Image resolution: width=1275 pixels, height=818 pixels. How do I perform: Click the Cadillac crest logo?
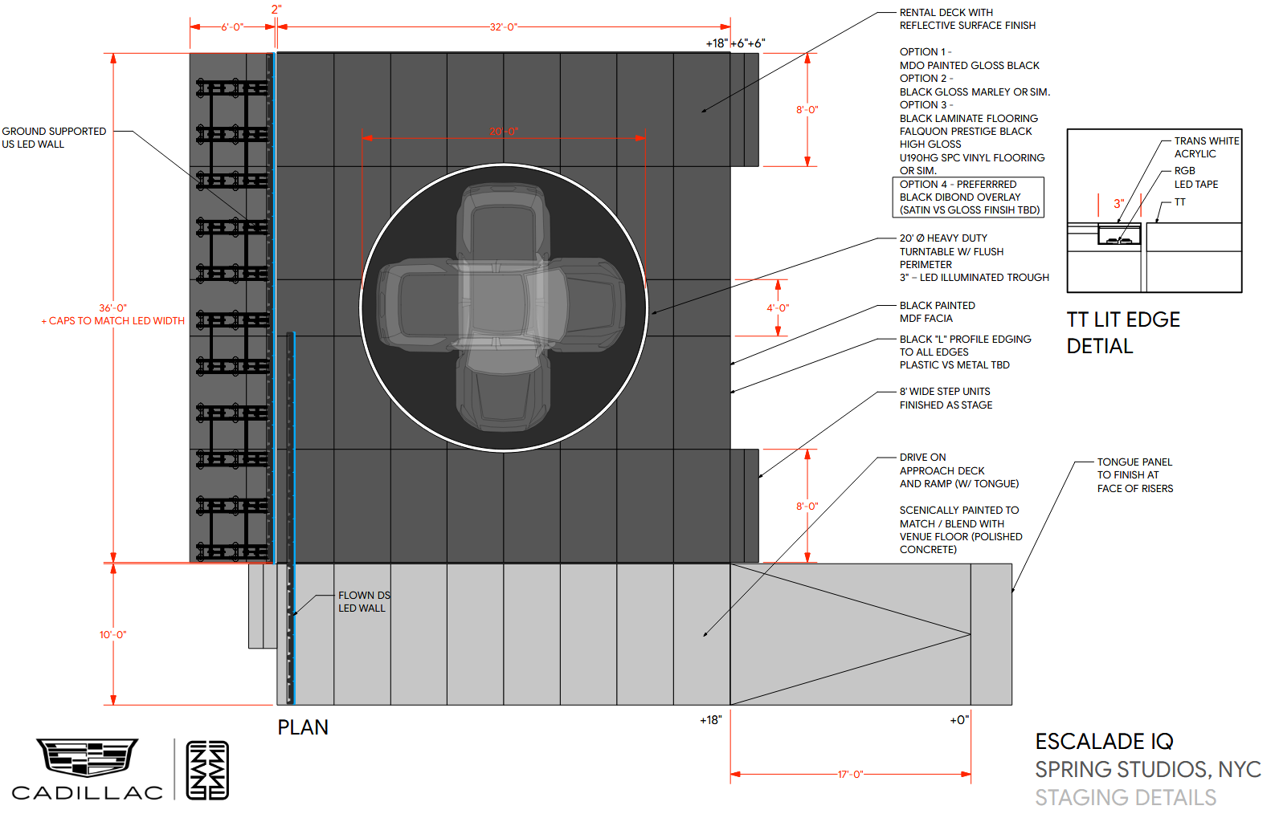[87, 757]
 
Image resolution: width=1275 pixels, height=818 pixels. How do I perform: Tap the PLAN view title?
[303, 727]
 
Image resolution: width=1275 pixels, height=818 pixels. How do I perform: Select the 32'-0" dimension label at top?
[504, 27]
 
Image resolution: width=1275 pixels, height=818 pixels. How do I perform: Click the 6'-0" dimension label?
[232, 27]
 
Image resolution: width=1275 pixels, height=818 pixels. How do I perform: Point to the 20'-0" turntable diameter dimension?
[504, 132]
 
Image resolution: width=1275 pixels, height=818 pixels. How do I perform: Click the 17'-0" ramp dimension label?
[850, 775]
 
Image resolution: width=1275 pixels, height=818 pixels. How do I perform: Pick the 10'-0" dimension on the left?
[113, 635]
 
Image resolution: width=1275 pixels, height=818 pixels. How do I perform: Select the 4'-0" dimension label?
[778, 308]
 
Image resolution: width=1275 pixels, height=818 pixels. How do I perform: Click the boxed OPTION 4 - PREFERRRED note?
[969, 197]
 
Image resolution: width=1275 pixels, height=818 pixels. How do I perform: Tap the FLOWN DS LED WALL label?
[363, 602]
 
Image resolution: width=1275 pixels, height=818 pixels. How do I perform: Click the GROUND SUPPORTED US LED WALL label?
[54, 137]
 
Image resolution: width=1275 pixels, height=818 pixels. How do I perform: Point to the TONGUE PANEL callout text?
[1134, 475]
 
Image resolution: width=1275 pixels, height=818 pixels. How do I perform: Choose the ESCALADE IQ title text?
[1104, 742]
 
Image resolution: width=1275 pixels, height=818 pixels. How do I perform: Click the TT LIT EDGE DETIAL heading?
[1122, 333]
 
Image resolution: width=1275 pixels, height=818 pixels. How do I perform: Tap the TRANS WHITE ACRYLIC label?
[1206, 147]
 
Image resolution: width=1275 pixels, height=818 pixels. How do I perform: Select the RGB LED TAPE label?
[1195, 177]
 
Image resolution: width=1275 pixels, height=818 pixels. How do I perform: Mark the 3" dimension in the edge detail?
[1118, 204]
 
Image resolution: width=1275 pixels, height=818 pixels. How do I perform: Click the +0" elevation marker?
[959, 720]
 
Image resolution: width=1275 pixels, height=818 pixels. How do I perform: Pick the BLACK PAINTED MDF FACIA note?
[937, 312]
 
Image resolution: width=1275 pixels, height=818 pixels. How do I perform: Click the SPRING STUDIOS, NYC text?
[1147, 770]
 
